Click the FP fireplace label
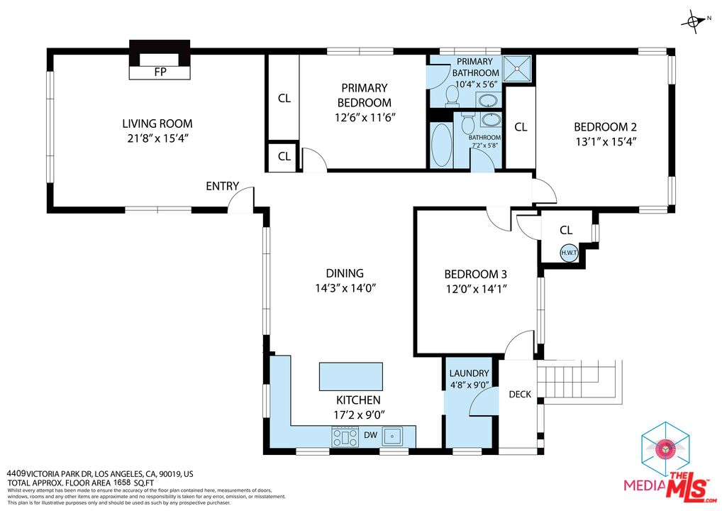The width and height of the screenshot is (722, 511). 160,72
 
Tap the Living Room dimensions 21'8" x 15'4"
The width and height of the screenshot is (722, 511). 157,139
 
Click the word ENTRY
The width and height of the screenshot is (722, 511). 222,186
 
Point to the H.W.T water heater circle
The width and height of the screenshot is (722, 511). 569,252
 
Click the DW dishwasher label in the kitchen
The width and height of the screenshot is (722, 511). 370,434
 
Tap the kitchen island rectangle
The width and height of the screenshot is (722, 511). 350,376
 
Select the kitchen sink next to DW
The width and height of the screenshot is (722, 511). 393,435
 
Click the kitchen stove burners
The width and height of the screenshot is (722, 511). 345,437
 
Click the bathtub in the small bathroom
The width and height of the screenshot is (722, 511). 441,145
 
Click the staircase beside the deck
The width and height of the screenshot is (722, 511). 578,380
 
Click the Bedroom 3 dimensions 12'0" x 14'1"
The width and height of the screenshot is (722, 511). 475,289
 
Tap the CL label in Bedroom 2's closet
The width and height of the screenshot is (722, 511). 520,127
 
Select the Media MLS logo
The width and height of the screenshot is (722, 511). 666,461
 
